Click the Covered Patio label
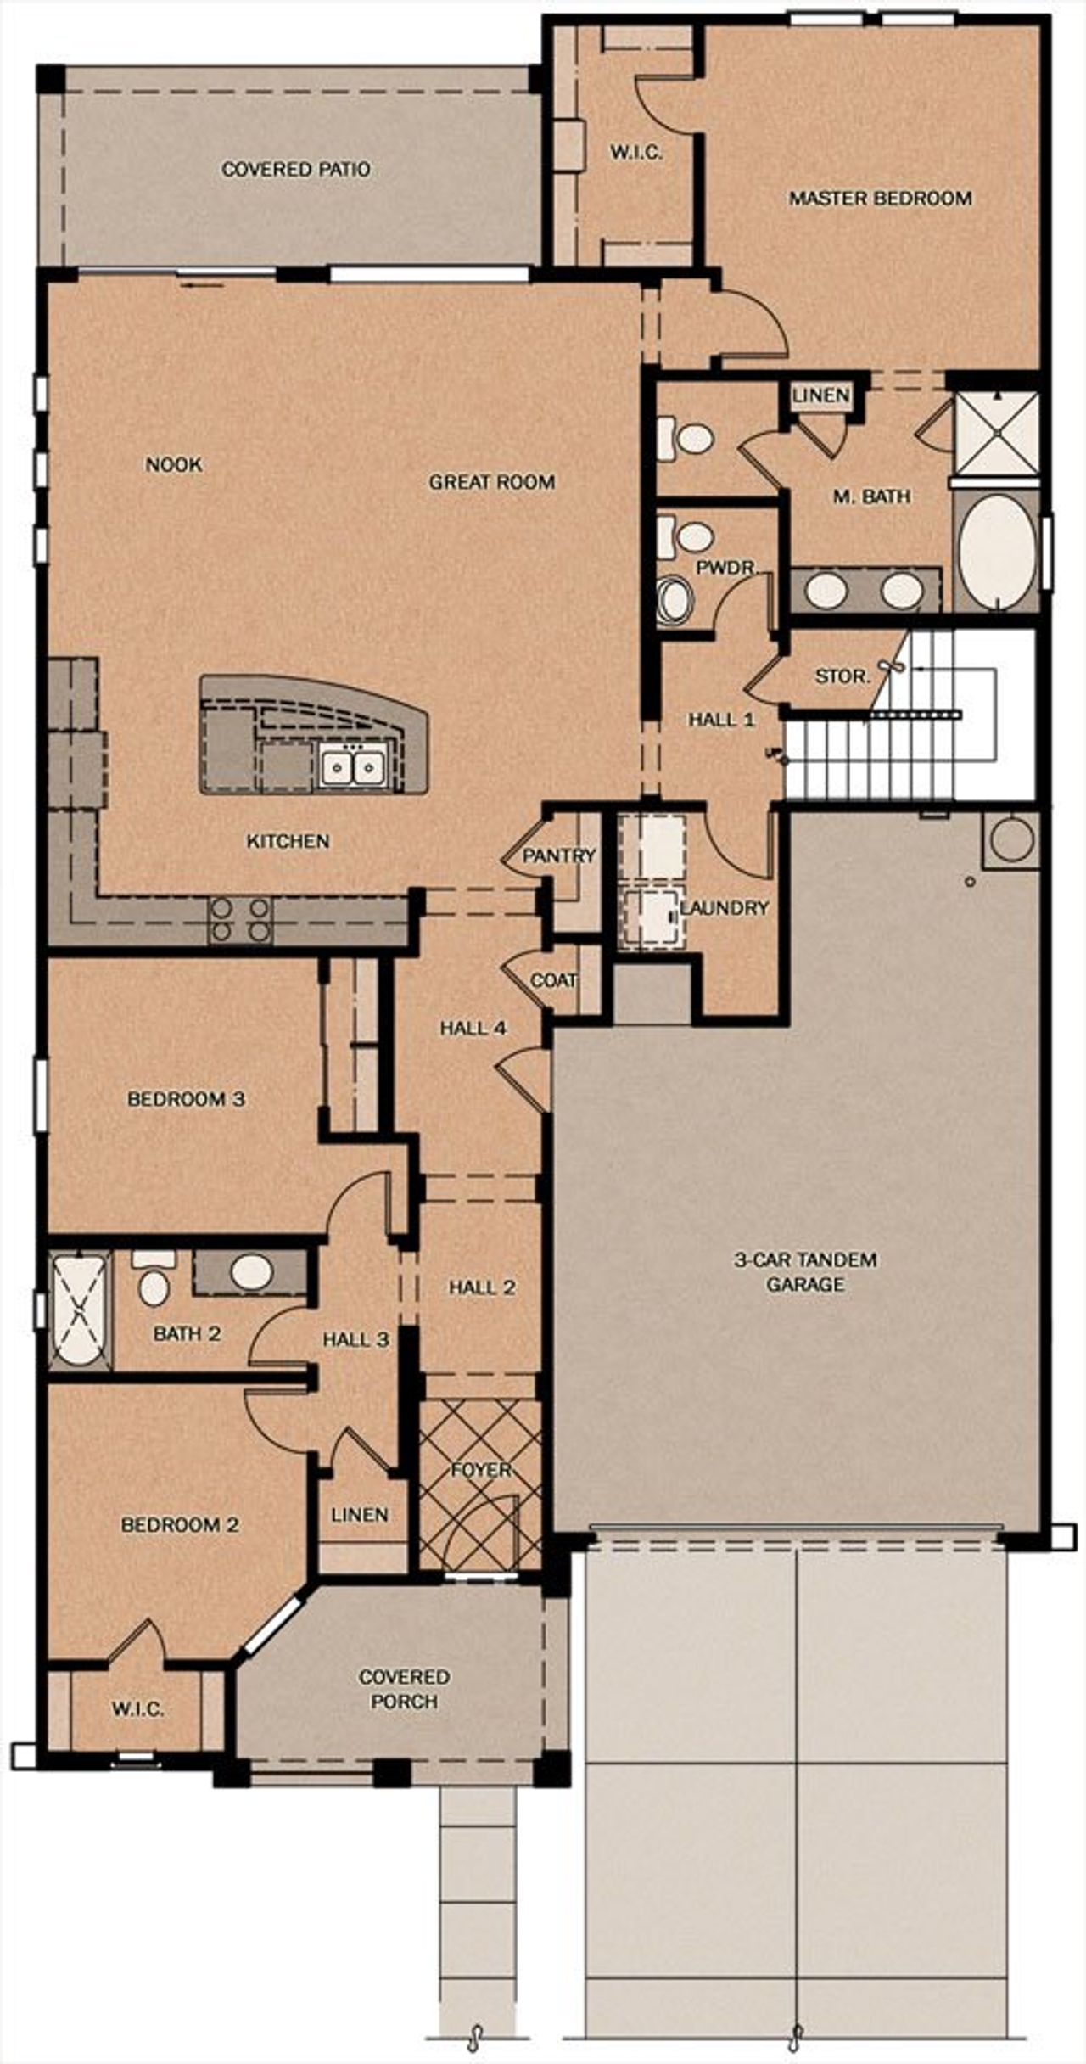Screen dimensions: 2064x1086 tap(295, 170)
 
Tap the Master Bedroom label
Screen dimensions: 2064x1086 tap(880, 199)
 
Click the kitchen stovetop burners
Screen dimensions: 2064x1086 tap(240, 920)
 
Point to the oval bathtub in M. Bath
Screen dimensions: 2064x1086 tap(996, 551)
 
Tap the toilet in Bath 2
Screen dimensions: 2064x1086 tap(154, 1284)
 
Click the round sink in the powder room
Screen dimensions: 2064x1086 tap(676, 599)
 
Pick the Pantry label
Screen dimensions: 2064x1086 tap(558, 856)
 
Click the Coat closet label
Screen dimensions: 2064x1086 tap(553, 981)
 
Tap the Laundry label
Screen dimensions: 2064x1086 tap(725, 909)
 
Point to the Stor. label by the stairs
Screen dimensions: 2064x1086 tap(842, 677)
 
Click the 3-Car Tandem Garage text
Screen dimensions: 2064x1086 tap(804, 1272)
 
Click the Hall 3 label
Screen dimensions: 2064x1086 tap(355, 1340)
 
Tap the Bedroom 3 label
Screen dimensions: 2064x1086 tap(186, 1099)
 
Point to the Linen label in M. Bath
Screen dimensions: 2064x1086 tap(820, 395)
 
